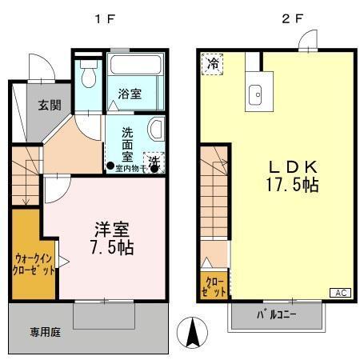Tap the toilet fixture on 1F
pyautogui.click(x=89, y=77)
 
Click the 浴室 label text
pyautogui.click(x=131, y=94)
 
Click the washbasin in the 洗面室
pyautogui.click(x=157, y=129)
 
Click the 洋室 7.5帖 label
pyautogui.click(x=110, y=237)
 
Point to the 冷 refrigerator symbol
pyautogui.click(x=213, y=62)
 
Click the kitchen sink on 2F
pyautogui.click(x=258, y=93)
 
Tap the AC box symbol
pyautogui.click(x=339, y=293)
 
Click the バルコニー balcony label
pyautogui.click(x=277, y=314)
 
